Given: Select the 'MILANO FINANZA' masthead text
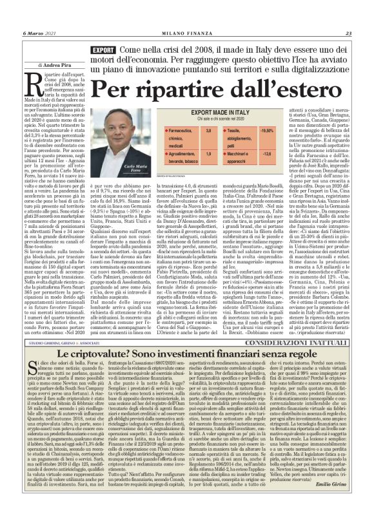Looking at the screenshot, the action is pos(186,15).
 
